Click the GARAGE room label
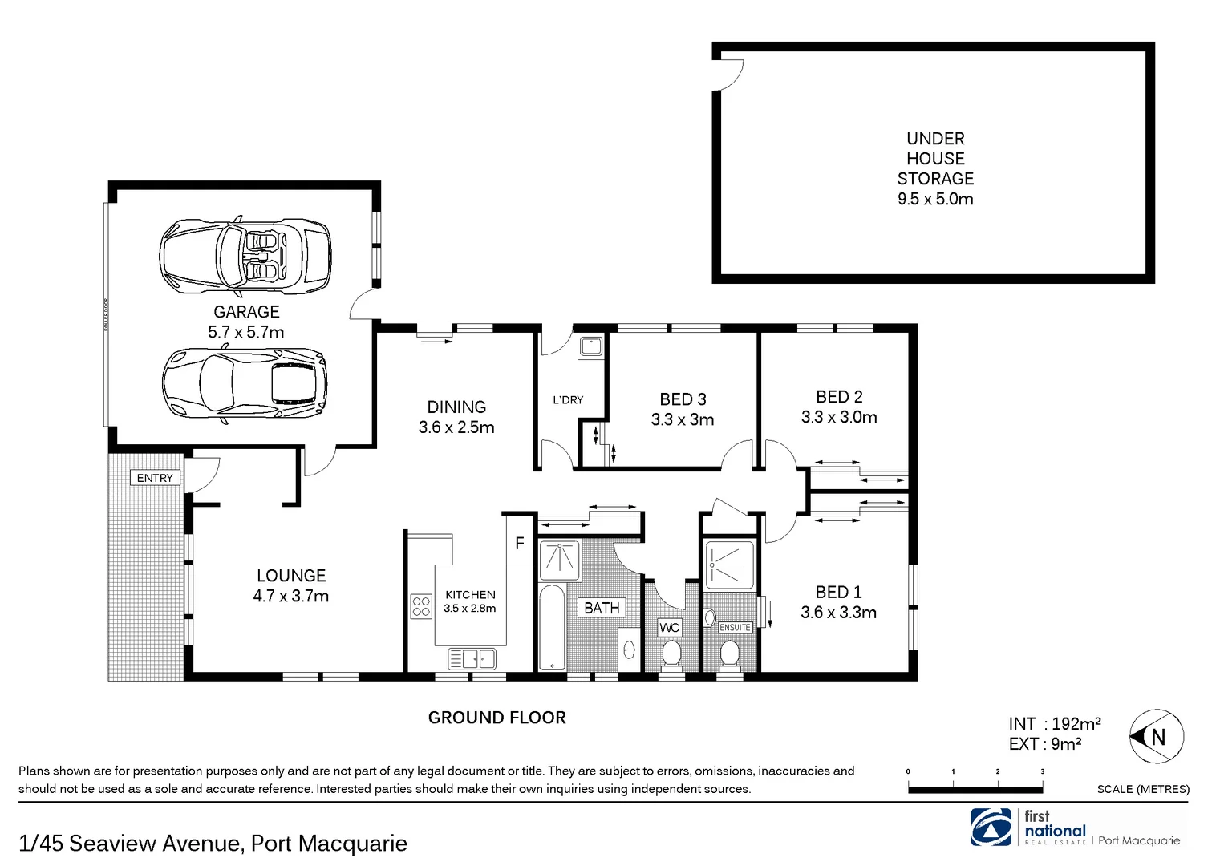(x=246, y=313)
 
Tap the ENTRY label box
(x=155, y=478)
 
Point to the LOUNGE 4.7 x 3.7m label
(x=291, y=586)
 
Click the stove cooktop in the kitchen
(x=421, y=606)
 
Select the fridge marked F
(x=520, y=544)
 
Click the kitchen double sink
(x=472, y=659)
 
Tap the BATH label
(x=602, y=609)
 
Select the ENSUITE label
(x=735, y=628)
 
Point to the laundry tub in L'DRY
(x=591, y=346)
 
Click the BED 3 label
(x=683, y=399)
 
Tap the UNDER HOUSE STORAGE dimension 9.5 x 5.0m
(x=935, y=200)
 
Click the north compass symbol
(x=1157, y=736)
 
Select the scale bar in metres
(x=975, y=789)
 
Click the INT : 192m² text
(x=1054, y=724)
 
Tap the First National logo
(x=991, y=828)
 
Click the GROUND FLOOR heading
(x=497, y=718)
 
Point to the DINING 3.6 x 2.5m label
(x=456, y=417)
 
